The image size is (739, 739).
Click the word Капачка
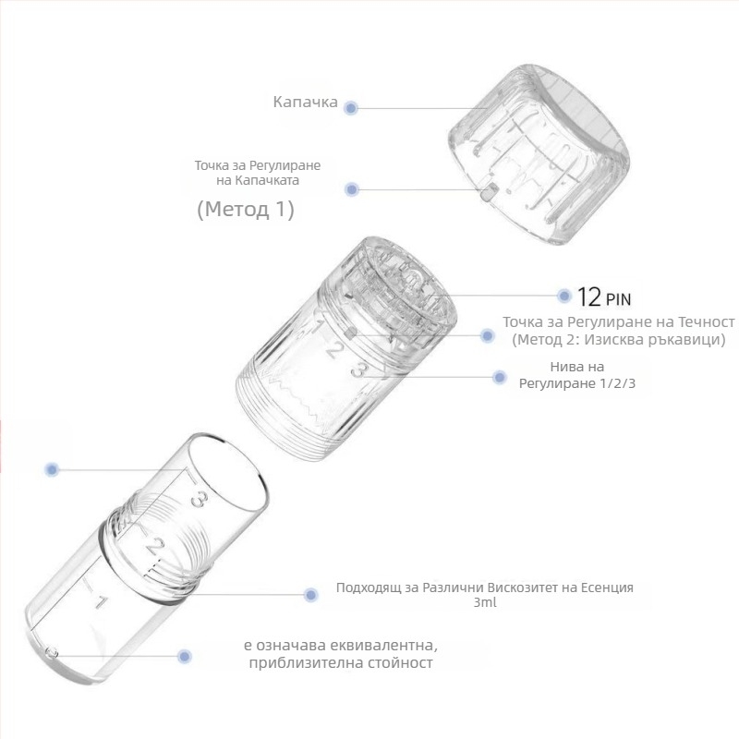click(306, 102)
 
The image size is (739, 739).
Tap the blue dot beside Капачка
click(351, 108)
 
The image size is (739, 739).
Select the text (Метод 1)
click(246, 210)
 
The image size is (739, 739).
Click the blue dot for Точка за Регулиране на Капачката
click(352, 189)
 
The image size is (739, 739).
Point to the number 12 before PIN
click(589, 297)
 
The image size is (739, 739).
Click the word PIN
click(618, 299)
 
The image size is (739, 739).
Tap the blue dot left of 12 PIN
click(563, 296)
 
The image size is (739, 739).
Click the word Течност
click(706, 321)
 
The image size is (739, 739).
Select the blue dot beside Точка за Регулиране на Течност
click(488, 335)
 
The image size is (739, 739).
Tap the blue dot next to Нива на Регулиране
click(499, 377)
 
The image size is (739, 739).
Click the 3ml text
click(485, 602)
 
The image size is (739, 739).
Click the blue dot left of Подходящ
click(310, 595)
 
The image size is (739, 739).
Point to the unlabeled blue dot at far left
click(52, 469)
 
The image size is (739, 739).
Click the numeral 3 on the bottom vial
click(199, 499)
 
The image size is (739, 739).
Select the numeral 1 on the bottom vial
click(101, 602)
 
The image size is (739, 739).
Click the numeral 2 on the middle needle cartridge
click(334, 350)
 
